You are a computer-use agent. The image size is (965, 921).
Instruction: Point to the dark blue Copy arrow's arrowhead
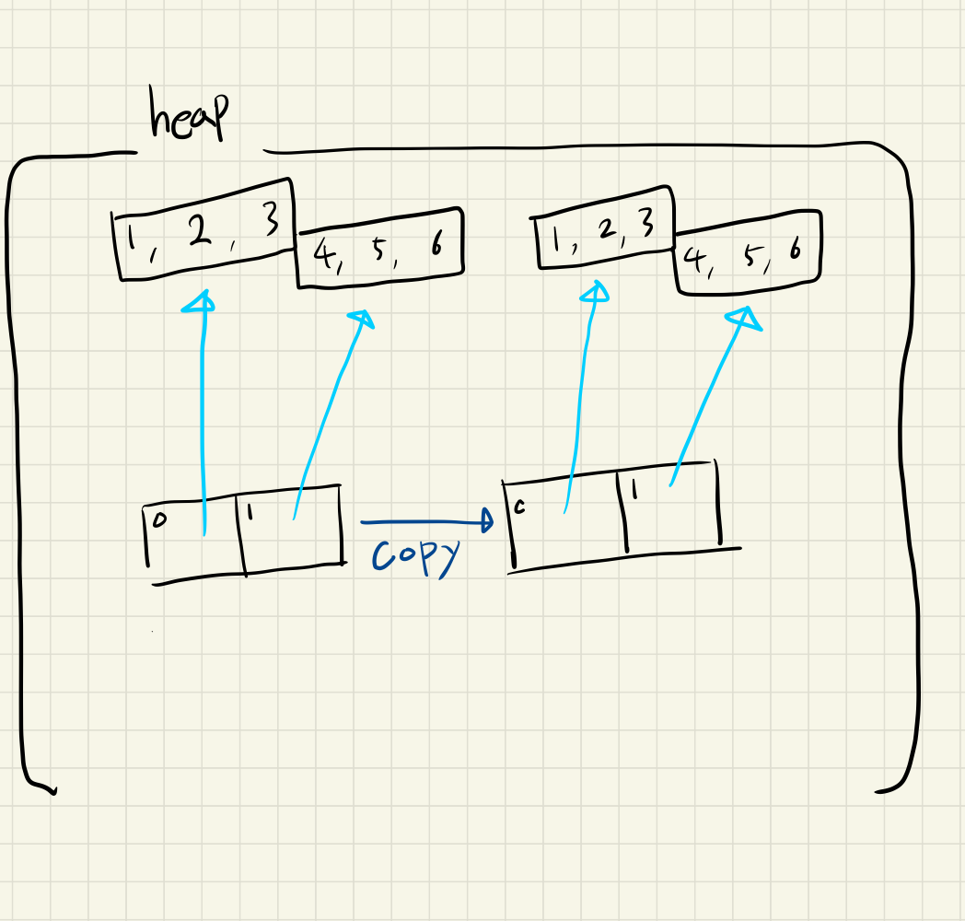point(485,523)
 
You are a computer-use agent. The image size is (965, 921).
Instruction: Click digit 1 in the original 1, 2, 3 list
point(133,241)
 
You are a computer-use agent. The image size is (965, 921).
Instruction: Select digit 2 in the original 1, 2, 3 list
point(196,233)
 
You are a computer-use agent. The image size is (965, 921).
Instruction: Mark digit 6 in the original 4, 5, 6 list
point(435,247)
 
